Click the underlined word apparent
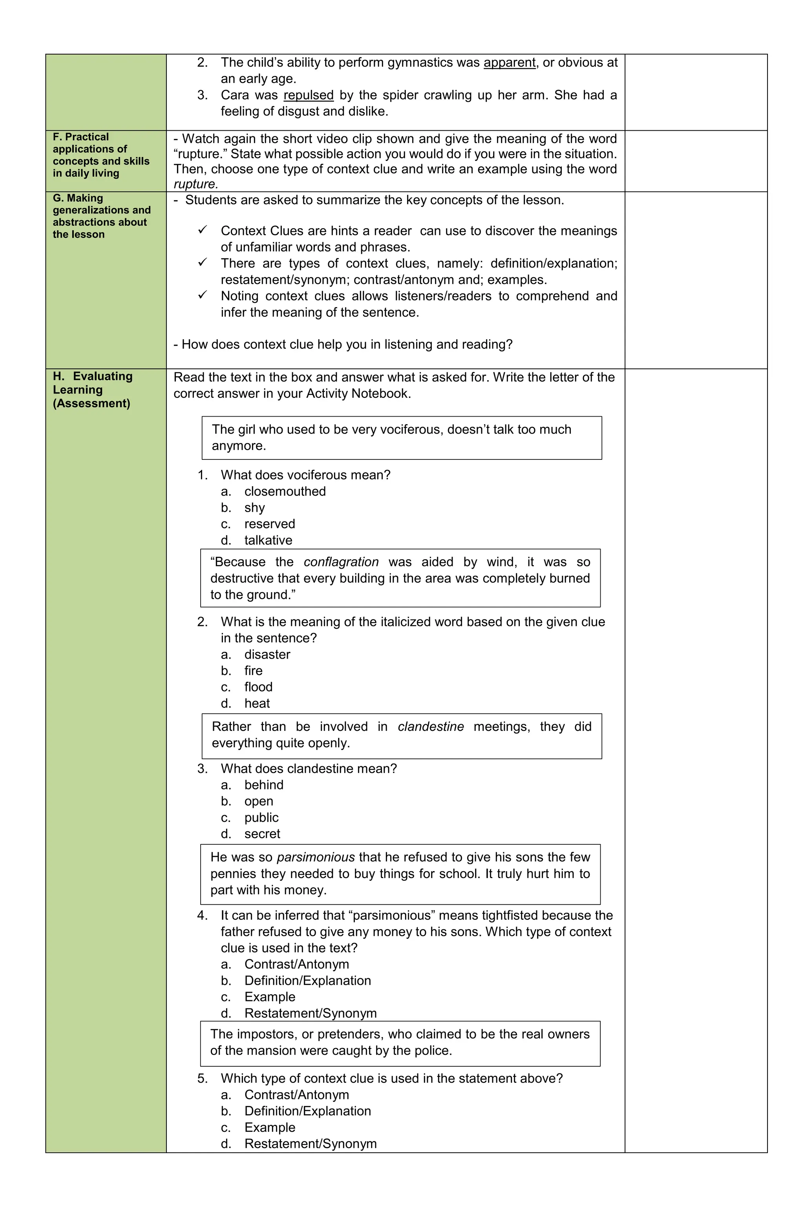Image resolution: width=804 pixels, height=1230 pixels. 509,62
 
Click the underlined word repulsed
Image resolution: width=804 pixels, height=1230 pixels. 309,95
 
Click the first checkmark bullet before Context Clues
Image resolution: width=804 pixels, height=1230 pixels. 203,230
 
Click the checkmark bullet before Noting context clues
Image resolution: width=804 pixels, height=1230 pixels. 203,295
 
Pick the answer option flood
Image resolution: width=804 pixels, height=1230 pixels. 258,687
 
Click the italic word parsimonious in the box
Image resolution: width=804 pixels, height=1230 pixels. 315,857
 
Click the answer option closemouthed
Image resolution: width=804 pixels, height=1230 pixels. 285,491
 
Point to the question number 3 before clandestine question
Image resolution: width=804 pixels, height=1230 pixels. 202,769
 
